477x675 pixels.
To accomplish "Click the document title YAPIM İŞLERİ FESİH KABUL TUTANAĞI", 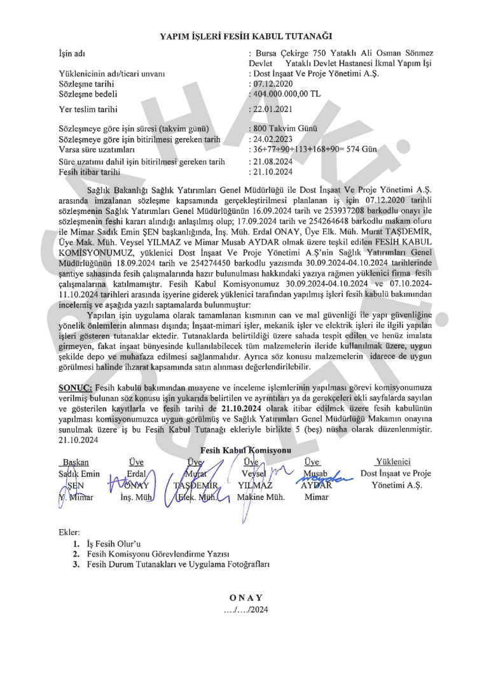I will [x=245, y=38].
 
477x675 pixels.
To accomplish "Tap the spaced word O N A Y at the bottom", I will [x=245, y=597].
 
